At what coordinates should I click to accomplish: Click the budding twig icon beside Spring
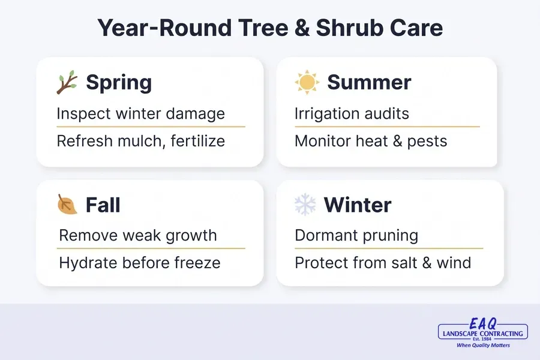[x=67, y=82]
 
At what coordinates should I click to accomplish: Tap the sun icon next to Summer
[x=307, y=82]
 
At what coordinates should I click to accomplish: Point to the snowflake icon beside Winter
[x=305, y=205]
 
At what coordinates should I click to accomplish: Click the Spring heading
[x=119, y=83]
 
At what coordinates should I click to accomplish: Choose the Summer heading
[x=369, y=82]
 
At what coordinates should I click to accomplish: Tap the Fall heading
[x=103, y=205]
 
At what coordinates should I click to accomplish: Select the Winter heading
[x=358, y=205]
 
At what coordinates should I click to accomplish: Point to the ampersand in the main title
[x=302, y=28]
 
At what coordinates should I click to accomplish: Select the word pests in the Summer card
[x=427, y=142]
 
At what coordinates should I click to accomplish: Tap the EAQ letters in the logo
[x=483, y=324]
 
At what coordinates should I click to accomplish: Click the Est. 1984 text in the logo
[x=483, y=339]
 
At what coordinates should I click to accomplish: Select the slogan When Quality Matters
[x=483, y=345]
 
